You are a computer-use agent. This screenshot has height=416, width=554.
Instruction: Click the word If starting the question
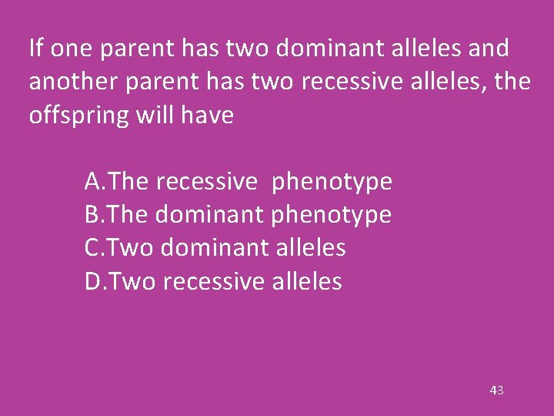pyautogui.click(x=35, y=49)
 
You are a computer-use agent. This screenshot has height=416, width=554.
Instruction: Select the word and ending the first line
pyautogui.click(x=488, y=49)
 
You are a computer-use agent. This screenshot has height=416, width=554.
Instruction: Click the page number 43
pyautogui.click(x=496, y=391)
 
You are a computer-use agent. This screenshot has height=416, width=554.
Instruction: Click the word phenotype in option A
pyautogui.click(x=332, y=183)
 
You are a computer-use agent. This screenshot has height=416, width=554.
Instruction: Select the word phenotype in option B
pyautogui.click(x=332, y=216)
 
